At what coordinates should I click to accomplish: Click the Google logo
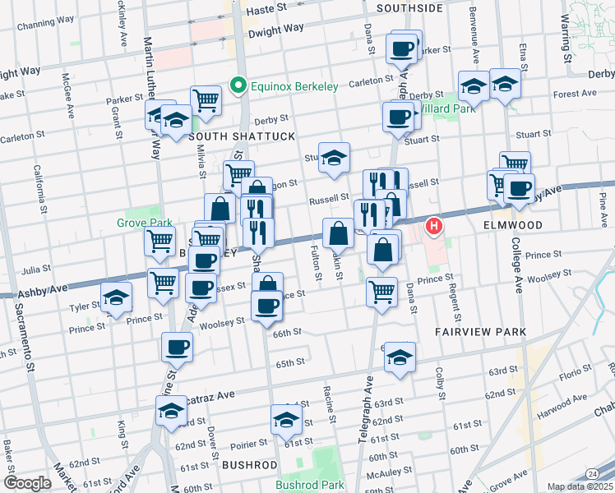coord(27,483)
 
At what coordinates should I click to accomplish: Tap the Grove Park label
coord(144,223)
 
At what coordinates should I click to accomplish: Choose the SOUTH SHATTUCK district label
coord(241,136)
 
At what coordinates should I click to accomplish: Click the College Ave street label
coord(519,271)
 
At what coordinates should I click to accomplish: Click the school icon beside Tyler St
coord(116,298)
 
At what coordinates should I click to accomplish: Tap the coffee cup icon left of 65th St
coord(177,348)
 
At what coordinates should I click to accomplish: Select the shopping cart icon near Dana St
coord(381,292)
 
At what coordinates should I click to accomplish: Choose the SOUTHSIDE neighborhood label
coord(409,8)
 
